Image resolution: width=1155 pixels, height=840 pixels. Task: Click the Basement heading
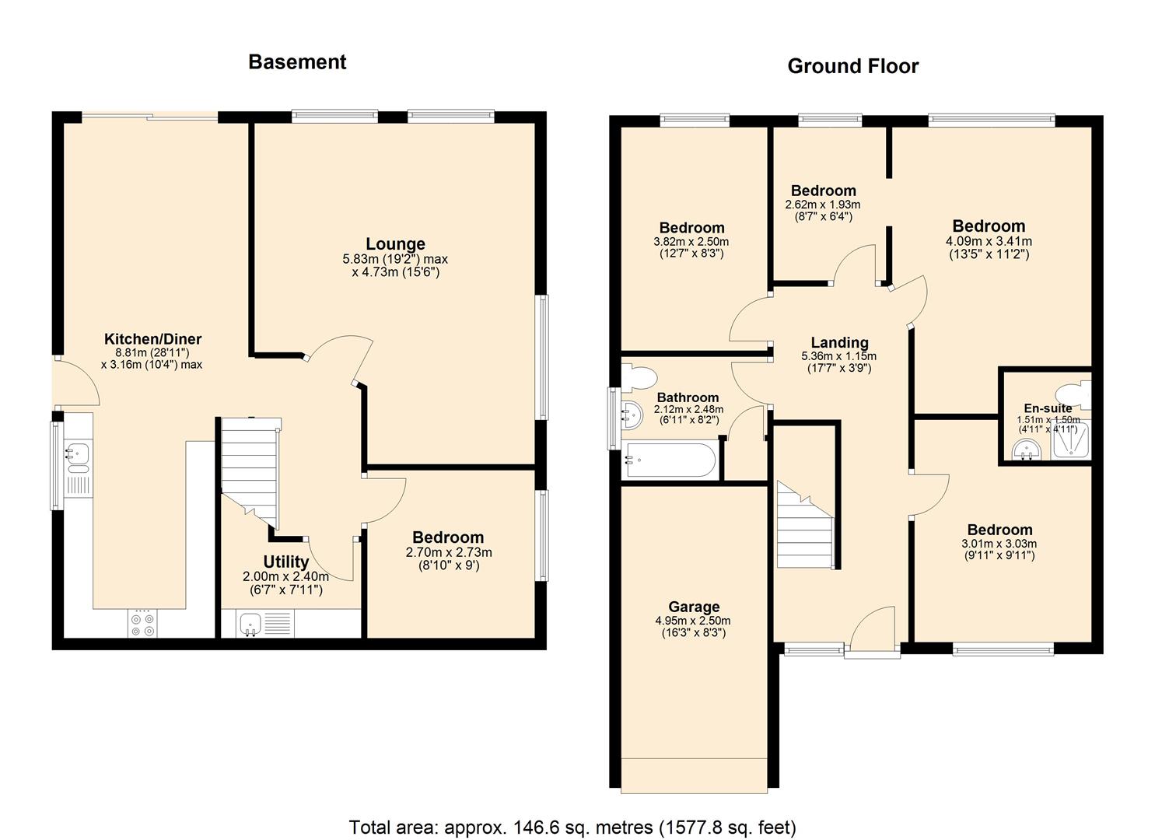297,62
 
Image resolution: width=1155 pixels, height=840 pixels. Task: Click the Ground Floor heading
852,66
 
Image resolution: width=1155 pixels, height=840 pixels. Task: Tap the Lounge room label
395,244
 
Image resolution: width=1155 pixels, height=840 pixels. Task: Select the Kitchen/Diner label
152,339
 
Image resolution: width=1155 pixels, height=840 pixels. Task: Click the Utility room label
285,562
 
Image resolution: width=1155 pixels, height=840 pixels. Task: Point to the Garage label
694,607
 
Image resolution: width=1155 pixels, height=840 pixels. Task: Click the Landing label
839,343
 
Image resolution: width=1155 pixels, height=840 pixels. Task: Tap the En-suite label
1047,408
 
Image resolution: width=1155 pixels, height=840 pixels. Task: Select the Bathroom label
688,397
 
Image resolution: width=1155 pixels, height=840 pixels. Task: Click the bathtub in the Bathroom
670,460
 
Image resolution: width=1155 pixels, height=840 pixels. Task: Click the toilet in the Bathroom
639,378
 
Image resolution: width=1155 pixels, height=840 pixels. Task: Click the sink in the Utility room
249,624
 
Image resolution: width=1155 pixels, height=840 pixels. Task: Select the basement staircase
250,467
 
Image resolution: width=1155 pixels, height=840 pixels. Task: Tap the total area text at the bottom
572,827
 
